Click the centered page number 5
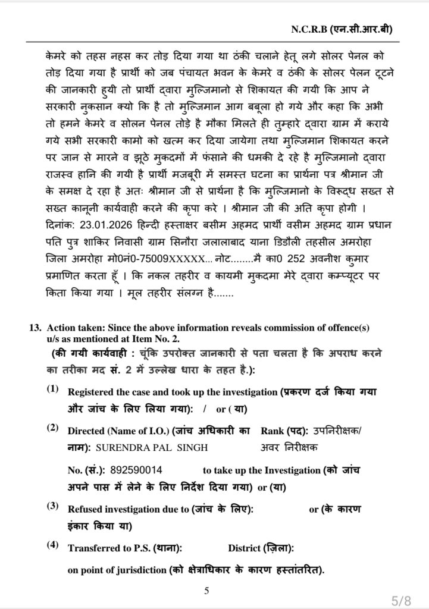pyautogui.click(x=206, y=591)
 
